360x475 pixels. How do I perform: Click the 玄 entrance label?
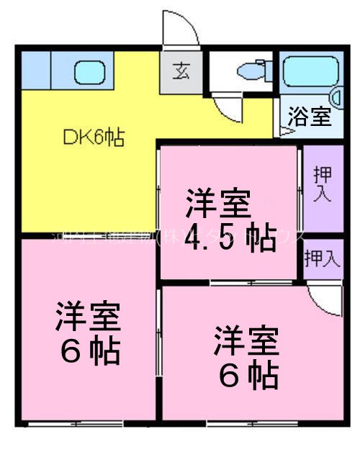[x=180, y=72]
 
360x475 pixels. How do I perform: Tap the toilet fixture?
[x=249, y=73]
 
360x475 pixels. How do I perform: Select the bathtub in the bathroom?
[x=307, y=73]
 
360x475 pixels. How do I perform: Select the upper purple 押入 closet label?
[x=322, y=185]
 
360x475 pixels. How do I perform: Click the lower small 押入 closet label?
[x=321, y=258]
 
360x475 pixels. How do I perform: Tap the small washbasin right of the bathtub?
[x=337, y=98]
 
